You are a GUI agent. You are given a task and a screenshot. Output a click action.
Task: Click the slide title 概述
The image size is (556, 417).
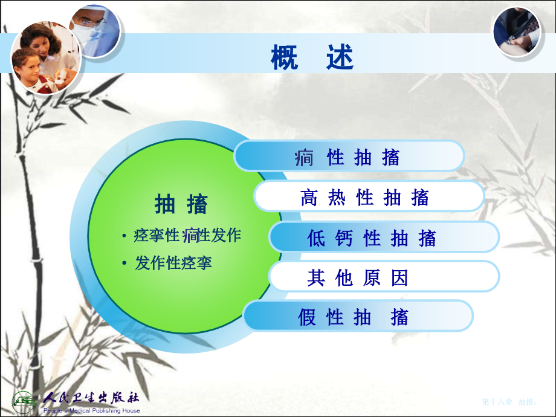[312, 59]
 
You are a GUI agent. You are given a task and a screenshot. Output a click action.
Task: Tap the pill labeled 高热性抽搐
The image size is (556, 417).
[365, 197]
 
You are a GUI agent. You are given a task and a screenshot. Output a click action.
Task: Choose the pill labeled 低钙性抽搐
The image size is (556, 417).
[372, 238]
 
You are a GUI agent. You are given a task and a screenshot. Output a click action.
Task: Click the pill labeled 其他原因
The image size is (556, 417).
[358, 277]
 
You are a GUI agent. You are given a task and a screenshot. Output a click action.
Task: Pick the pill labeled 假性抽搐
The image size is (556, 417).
[354, 317]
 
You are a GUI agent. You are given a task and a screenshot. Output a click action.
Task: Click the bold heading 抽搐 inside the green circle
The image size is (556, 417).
[181, 204]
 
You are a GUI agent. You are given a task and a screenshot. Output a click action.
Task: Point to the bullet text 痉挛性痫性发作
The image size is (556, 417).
[187, 235]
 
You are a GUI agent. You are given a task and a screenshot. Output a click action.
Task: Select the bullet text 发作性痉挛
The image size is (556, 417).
[173, 263]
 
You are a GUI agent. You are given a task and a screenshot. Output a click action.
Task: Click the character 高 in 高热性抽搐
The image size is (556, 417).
[309, 197]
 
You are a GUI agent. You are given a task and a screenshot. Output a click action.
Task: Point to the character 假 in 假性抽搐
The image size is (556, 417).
[307, 317]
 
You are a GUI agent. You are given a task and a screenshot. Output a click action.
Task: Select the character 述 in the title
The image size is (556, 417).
[340, 59]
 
